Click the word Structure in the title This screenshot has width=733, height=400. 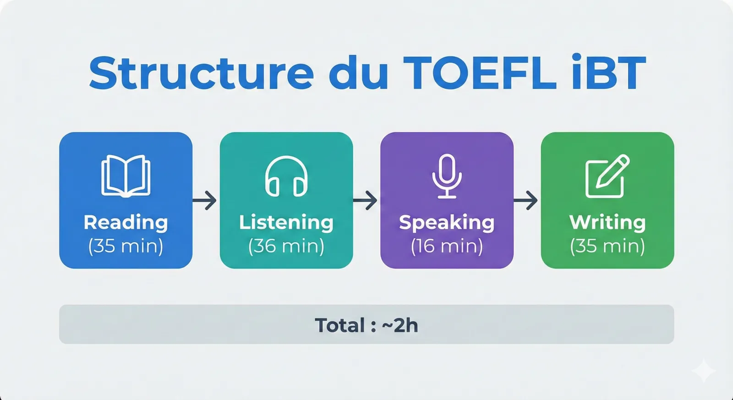click(x=201, y=73)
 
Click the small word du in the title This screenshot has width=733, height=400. click(x=358, y=73)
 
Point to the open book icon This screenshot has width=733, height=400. click(x=126, y=176)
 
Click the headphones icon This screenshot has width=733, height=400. click(x=286, y=176)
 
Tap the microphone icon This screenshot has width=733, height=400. click(x=447, y=176)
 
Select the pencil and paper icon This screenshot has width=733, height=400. click(x=607, y=176)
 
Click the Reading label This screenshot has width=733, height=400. click(x=126, y=222)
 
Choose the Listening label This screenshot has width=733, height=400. click(x=286, y=222)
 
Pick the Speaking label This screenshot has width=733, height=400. click(x=447, y=222)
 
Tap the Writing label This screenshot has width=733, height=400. click(x=607, y=222)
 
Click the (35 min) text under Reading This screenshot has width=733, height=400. click(x=126, y=246)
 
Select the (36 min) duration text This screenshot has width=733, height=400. click(x=286, y=246)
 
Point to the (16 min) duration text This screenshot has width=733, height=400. click(x=447, y=246)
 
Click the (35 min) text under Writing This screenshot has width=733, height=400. click(x=607, y=246)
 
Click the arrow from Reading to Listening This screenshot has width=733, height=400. click(x=205, y=200)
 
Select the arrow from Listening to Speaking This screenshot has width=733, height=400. click(x=366, y=200)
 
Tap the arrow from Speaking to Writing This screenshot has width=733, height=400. click(x=526, y=200)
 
